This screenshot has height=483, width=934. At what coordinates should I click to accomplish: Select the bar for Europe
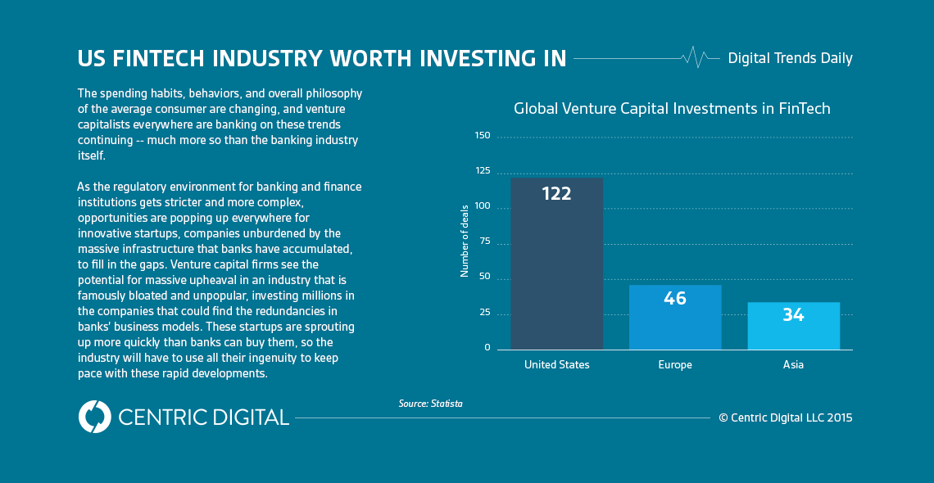675,319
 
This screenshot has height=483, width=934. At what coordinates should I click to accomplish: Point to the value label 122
556,194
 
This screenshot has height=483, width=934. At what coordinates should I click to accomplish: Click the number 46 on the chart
675,299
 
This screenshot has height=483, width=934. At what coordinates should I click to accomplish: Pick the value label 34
793,315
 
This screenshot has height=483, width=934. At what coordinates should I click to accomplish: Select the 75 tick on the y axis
484,241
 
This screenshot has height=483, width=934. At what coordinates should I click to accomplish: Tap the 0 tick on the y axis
487,347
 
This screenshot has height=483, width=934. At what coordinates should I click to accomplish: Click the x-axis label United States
556,365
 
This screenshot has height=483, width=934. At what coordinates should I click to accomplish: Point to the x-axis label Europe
675,365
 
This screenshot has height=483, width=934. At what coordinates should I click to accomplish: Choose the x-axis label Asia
793,365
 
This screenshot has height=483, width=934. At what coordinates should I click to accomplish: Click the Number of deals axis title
465,241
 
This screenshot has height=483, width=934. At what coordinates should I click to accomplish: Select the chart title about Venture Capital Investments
672,109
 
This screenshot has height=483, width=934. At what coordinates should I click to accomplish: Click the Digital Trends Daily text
790,58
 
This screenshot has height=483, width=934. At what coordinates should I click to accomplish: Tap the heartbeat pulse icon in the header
695,57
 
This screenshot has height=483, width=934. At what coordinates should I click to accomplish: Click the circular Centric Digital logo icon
94,417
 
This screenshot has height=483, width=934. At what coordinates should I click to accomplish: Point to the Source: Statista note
430,404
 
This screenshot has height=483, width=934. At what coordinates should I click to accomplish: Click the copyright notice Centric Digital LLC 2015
786,418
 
